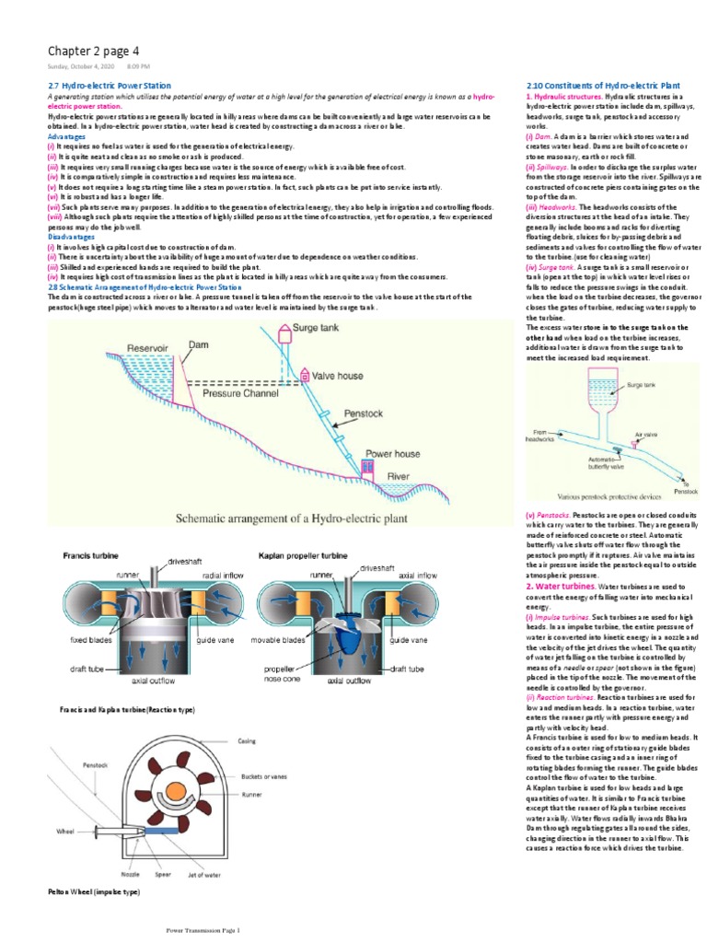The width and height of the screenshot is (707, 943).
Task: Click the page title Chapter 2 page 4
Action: pyautogui.click(x=94, y=51)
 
